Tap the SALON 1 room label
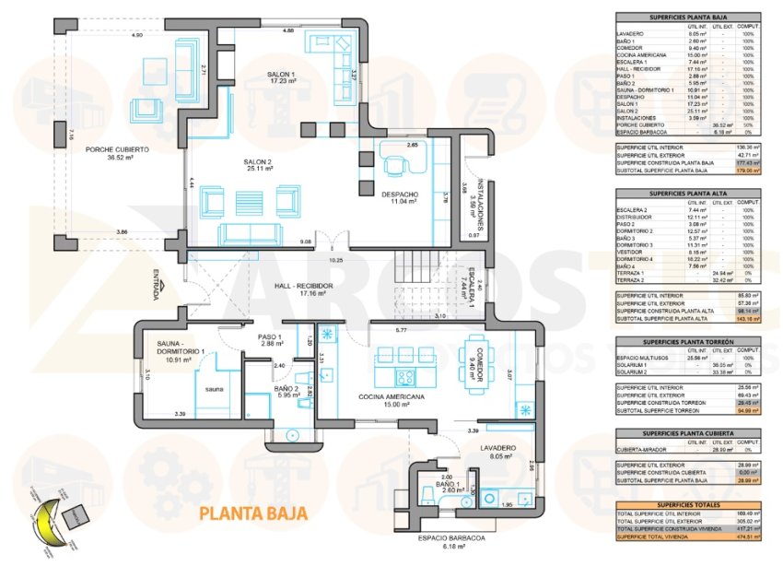(x=282, y=74)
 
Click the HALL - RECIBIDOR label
(x=304, y=287)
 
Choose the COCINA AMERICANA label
(x=391, y=396)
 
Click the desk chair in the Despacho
(x=396, y=166)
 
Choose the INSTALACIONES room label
(x=473, y=195)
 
